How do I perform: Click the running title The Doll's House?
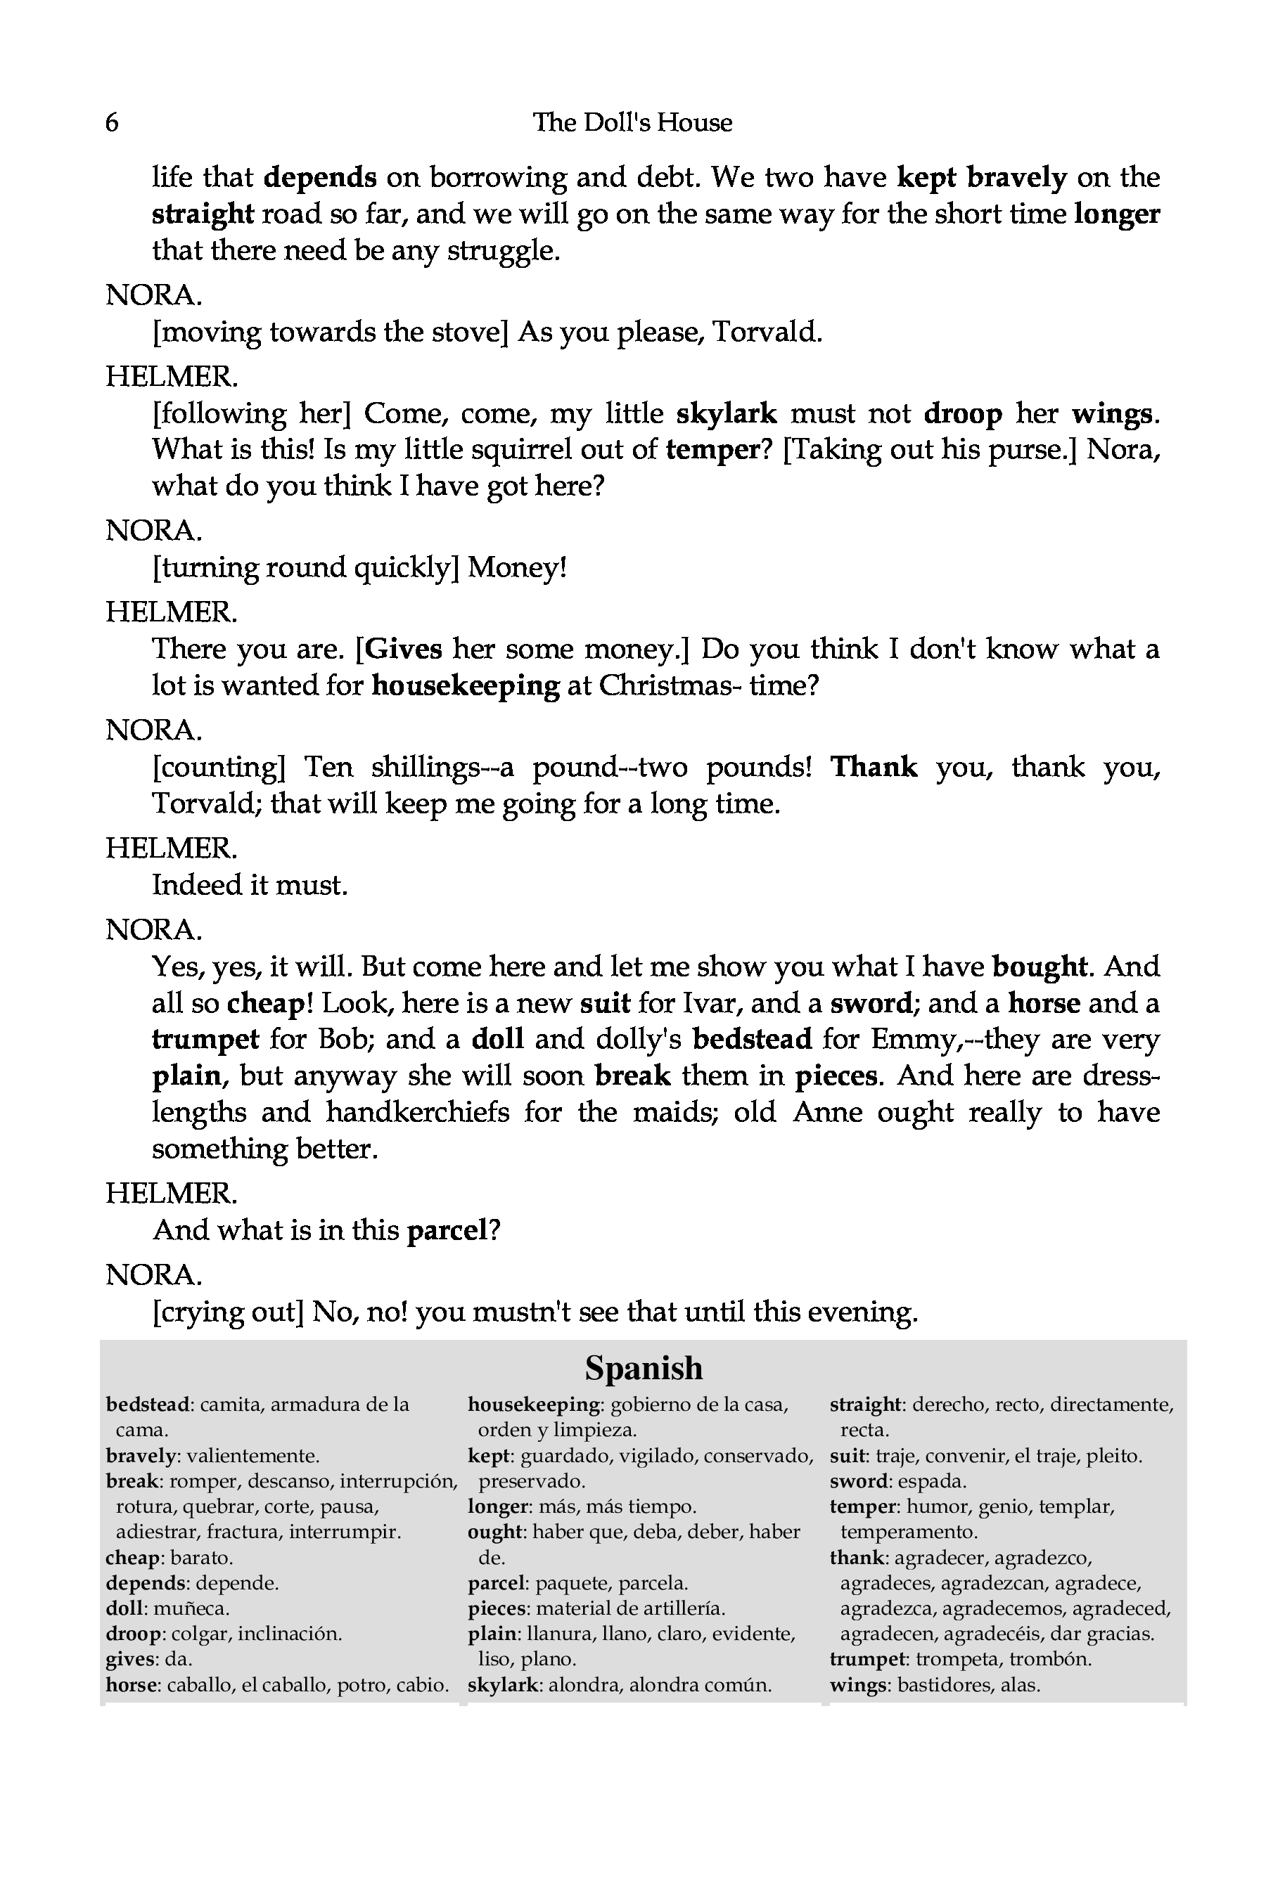coord(632,122)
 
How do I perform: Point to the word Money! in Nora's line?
coord(518,568)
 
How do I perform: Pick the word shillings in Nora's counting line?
coord(425,767)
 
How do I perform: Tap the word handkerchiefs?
coord(417,1112)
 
